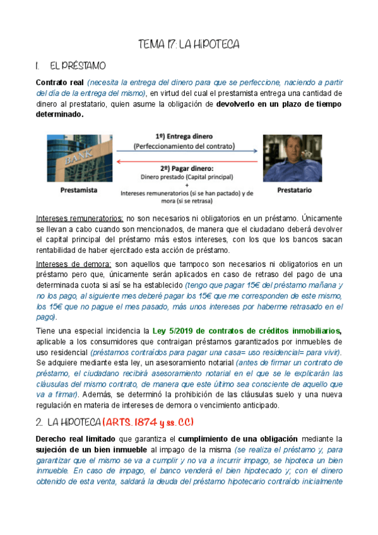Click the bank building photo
click(x=80, y=158)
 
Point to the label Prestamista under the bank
click(x=79, y=189)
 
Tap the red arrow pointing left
click(x=187, y=161)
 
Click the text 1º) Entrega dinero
click(x=184, y=136)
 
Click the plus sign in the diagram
click(x=187, y=185)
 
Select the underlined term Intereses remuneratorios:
click(x=80, y=218)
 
